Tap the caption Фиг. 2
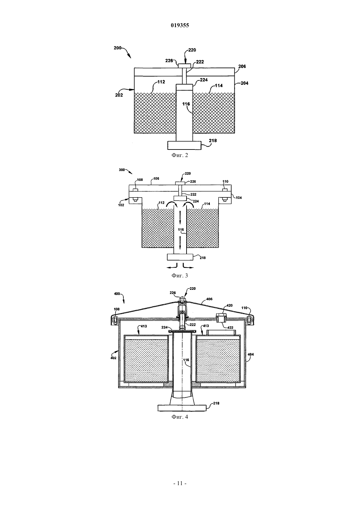[180, 155]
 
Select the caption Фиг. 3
[180, 276]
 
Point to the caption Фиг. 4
[180, 417]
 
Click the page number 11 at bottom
[180, 483]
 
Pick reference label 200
[117, 48]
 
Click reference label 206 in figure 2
[242, 66]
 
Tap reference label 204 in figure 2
[244, 83]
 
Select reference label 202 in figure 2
[119, 95]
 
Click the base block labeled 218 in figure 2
[184, 145]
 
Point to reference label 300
[122, 170]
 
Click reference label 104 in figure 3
[239, 198]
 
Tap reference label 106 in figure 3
[156, 179]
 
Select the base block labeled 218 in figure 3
[180, 257]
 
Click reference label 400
[117, 293]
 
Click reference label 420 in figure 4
[229, 306]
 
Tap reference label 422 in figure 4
[230, 327]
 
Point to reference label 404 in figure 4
[251, 354]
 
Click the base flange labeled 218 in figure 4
[182, 408]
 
